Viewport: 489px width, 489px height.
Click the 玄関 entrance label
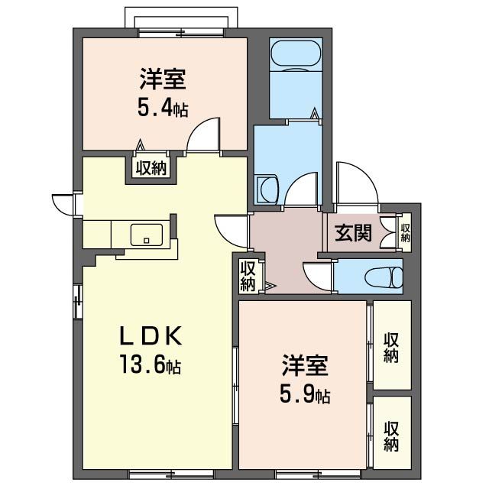(x=353, y=232)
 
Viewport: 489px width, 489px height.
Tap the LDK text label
(x=151, y=335)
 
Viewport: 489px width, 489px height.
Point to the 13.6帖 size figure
(x=151, y=364)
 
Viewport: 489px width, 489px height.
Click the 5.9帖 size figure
(x=305, y=394)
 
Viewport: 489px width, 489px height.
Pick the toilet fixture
(x=384, y=276)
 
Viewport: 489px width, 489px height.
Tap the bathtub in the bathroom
(x=296, y=53)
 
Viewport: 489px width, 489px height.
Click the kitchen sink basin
(x=147, y=235)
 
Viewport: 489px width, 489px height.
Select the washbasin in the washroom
(x=268, y=190)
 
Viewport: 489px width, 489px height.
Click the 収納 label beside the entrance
(x=406, y=232)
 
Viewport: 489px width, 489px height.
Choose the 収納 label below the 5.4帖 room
(x=152, y=168)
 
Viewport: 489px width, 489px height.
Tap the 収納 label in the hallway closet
(x=248, y=277)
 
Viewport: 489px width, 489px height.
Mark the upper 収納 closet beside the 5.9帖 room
(x=391, y=348)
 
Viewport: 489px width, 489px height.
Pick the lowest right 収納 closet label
(x=391, y=436)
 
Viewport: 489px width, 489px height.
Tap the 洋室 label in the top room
(x=163, y=79)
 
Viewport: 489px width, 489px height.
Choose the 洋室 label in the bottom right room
(x=305, y=365)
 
